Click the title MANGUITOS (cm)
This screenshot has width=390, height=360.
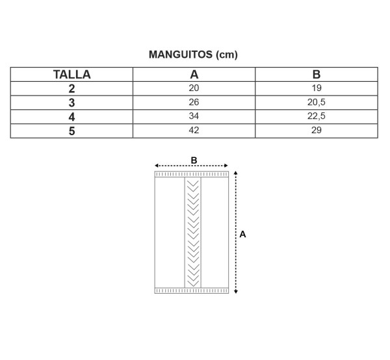coord(193,55)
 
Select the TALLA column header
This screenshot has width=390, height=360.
coord(72,75)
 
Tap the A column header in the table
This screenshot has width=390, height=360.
coord(194,75)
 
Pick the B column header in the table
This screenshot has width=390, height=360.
coord(317,75)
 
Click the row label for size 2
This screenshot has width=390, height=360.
coord(71,89)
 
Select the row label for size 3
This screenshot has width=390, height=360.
coord(71,103)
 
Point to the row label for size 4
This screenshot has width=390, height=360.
coord(71,117)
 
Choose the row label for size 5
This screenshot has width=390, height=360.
coord(71,131)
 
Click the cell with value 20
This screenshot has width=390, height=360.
coord(194,88)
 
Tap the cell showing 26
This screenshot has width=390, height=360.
coord(194,102)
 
